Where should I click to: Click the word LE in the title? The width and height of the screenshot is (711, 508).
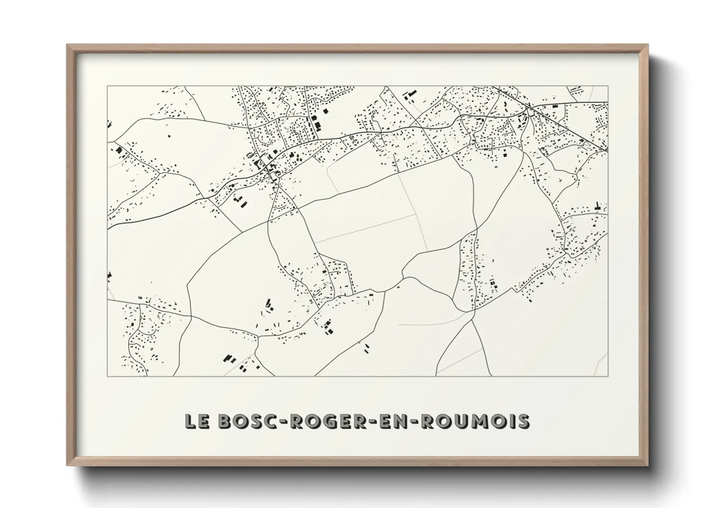pos(197,421)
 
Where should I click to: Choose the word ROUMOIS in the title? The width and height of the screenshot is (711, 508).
pos(480,421)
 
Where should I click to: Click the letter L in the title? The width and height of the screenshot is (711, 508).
pos(192,421)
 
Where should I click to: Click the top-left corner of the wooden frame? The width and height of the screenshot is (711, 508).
pos(68,45)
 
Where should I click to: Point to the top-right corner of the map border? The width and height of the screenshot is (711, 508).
pos(608,86)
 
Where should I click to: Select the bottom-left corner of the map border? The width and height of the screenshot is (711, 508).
pos(107,376)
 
